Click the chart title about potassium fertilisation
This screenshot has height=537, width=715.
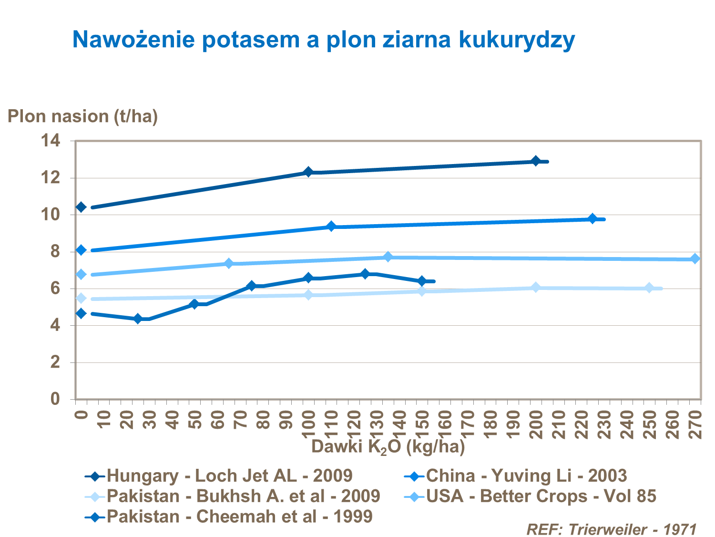(323, 39)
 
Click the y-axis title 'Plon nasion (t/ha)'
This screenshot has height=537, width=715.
(82, 116)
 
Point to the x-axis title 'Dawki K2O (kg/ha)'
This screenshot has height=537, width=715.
(388, 447)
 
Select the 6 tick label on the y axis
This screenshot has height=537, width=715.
(55, 289)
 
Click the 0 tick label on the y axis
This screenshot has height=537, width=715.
(55, 399)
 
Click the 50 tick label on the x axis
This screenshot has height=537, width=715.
(195, 419)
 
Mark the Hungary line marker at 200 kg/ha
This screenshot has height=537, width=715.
(536, 161)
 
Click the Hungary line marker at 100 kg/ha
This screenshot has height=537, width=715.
(308, 172)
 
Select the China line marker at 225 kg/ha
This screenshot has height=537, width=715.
(592, 219)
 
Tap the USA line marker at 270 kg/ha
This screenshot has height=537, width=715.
(695, 258)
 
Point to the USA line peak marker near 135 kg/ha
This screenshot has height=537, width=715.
(388, 257)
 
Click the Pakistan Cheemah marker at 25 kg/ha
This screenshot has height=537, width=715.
(138, 319)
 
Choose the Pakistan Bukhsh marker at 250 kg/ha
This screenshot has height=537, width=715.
(649, 288)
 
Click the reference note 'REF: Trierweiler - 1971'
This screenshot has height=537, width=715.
(612, 529)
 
